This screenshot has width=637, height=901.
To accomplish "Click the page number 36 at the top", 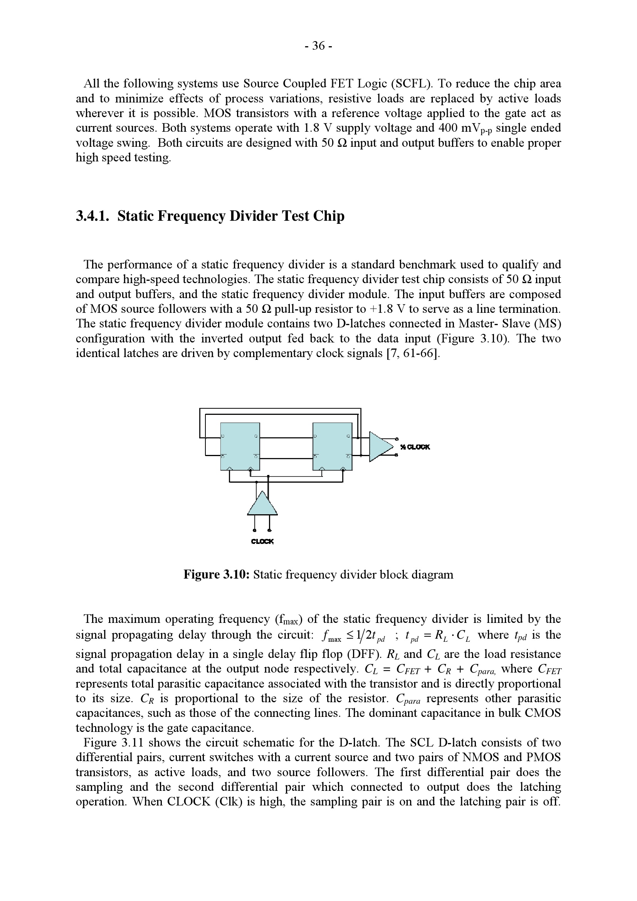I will [318, 46].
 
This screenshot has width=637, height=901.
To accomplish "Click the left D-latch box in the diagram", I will [240, 446].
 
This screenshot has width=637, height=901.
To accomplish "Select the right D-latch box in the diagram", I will [332, 446].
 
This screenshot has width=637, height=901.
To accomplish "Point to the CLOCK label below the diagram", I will [262, 542].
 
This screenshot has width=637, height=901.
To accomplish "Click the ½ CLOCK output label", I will [415, 447].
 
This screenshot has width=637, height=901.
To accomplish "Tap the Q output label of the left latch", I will [256, 436].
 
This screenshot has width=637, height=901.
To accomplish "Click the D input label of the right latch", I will [315, 436].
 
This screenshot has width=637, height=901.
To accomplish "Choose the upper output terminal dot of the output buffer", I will [397, 438].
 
